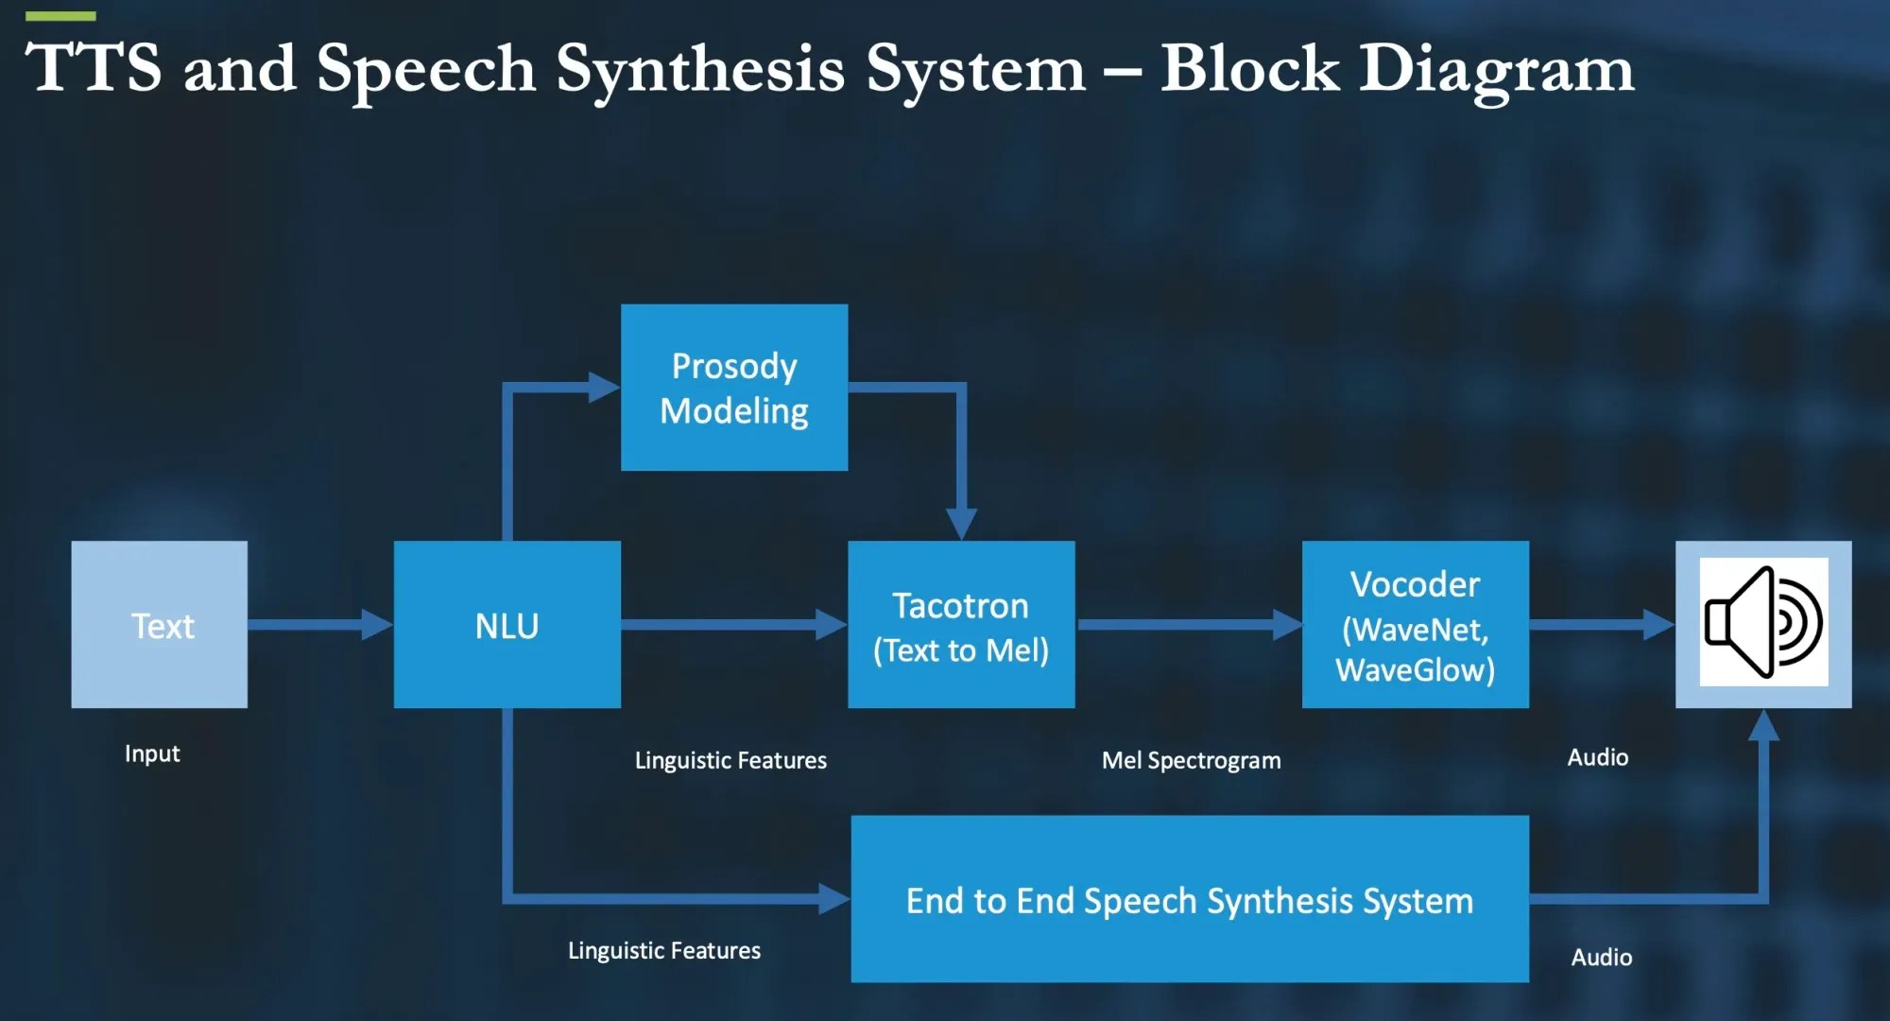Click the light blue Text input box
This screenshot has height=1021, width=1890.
tap(159, 624)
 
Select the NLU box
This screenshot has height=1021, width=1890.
tap(507, 624)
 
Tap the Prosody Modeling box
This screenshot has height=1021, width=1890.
tap(733, 388)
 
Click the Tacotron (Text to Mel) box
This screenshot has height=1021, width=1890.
tap(961, 624)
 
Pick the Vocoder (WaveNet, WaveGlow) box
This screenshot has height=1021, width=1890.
tap(1415, 624)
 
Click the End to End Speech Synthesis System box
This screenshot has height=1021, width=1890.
tap(1189, 899)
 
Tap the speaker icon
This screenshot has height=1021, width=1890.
tap(1763, 622)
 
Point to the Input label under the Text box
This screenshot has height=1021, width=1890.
tap(152, 753)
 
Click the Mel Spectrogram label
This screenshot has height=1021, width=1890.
tap(1191, 760)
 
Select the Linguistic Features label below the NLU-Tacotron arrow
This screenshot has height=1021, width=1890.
tap(730, 760)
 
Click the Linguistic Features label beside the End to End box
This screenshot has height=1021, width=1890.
tap(663, 950)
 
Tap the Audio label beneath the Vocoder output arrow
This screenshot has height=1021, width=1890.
tap(1597, 757)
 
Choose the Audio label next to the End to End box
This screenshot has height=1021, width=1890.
tap(1601, 957)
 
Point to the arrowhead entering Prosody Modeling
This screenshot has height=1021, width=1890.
tap(603, 387)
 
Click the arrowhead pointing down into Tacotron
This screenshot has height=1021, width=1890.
tap(961, 524)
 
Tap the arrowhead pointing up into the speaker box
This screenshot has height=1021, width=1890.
tap(1763, 725)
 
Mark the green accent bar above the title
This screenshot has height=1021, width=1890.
tap(60, 16)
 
